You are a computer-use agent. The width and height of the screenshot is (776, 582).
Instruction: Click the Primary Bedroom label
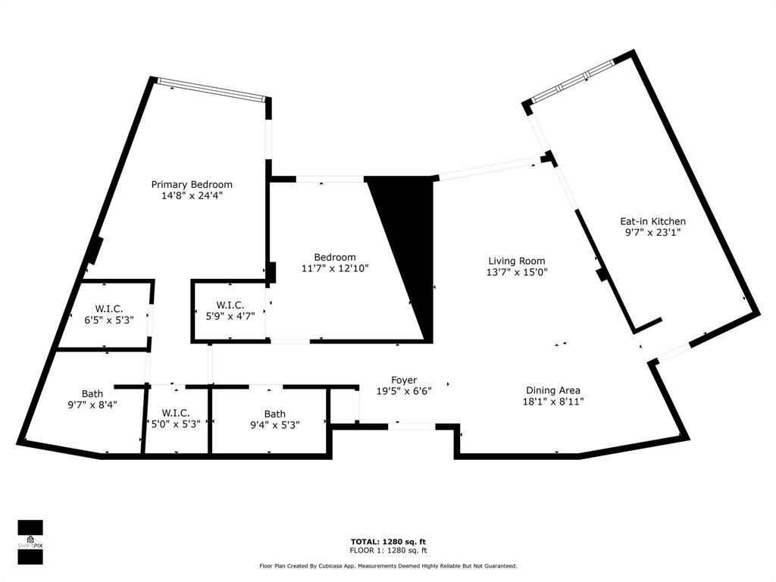[192, 184]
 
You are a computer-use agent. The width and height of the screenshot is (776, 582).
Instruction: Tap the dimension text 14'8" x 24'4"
[192, 196]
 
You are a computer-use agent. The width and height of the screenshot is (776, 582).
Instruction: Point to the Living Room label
[516, 261]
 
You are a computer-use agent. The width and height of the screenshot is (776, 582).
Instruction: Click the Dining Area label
[553, 390]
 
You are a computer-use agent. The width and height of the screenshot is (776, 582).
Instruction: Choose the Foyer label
[404, 380]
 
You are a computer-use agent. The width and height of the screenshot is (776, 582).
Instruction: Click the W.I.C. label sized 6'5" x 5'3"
[109, 308]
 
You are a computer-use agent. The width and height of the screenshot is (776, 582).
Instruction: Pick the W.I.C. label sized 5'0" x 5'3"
[175, 413]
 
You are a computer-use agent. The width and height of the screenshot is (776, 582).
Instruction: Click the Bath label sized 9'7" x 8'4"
[92, 394]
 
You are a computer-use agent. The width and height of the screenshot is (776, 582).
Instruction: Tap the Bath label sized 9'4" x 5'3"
[275, 414]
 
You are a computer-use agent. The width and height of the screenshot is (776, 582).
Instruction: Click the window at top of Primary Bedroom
[211, 90]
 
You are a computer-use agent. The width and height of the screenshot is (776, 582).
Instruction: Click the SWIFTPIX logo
[30, 542]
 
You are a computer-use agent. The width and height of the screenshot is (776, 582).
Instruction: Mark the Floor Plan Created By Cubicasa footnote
[388, 565]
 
